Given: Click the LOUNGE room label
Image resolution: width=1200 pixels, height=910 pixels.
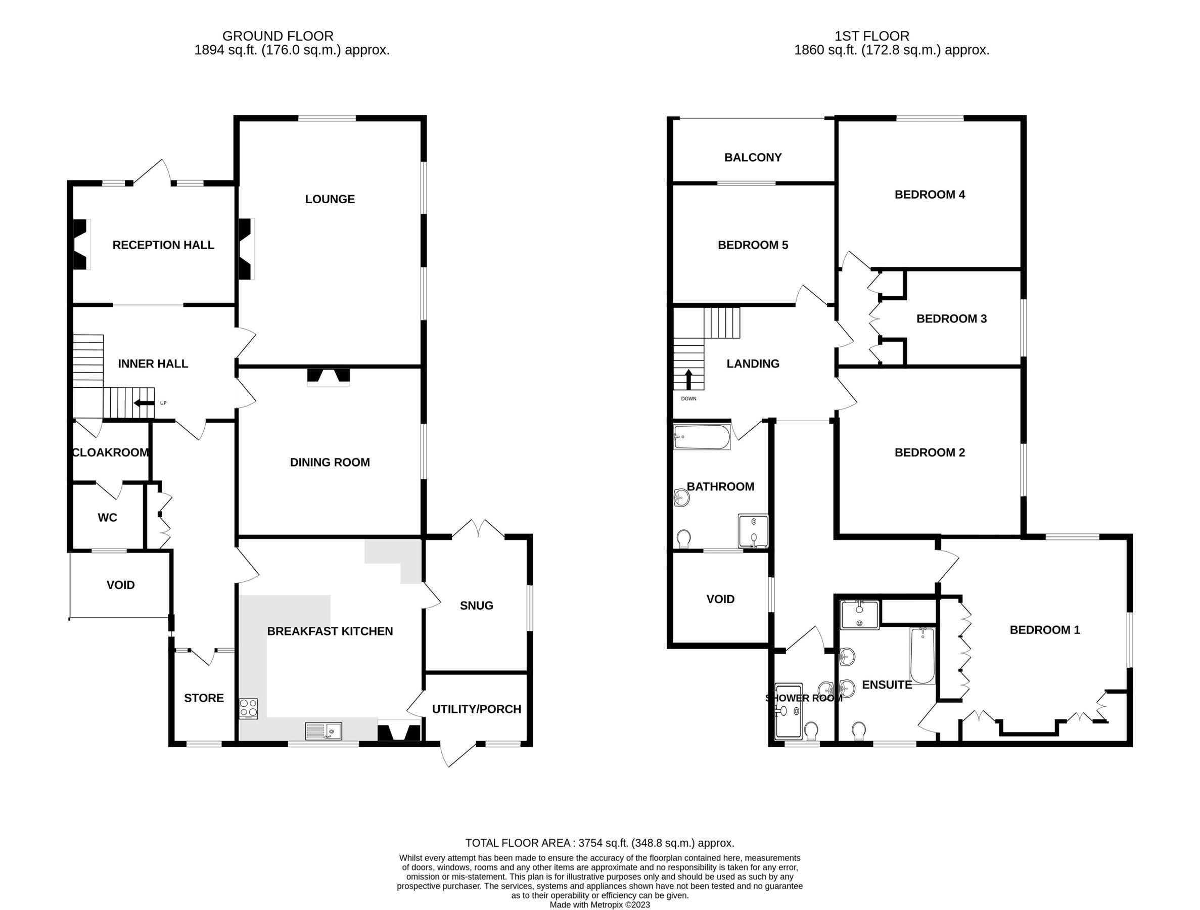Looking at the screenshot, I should (x=330, y=199).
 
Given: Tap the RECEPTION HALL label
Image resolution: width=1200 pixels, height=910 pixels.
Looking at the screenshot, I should (x=163, y=245).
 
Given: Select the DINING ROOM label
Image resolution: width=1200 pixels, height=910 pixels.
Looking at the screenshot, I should (x=330, y=462).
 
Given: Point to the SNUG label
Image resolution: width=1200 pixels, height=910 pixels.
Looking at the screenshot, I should (x=476, y=606).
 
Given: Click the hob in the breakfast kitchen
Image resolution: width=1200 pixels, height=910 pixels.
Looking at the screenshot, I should (x=249, y=709).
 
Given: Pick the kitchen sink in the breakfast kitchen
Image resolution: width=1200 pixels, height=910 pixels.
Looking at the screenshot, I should (x=324, y=732).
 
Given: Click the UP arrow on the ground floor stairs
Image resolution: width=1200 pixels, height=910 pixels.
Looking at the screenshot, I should (x=144, y=402).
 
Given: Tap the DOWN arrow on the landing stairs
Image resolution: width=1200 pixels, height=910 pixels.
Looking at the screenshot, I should (x=688, y=379).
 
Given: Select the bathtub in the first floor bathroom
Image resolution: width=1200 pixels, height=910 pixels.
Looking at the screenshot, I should (x=702, y=437).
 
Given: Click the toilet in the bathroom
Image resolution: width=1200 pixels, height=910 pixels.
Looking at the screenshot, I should (x=684, y=539).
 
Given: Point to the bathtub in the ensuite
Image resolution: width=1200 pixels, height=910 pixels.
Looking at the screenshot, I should (x=922, y=656).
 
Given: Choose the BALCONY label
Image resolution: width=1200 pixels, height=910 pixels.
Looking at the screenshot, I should (x=753, y=157).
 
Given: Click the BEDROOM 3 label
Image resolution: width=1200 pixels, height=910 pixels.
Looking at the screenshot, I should (x=951, y=318).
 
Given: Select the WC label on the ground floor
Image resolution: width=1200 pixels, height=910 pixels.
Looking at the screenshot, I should (x=108, y=518).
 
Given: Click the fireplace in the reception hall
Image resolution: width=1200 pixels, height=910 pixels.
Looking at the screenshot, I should (x=81, y=244).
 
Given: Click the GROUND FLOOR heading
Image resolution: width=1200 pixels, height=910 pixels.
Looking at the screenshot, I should (x=278, y=36).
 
